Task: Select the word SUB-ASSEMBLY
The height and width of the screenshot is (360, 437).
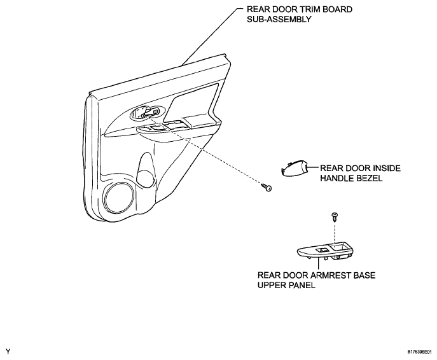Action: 279,19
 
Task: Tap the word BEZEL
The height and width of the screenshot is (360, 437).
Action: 369,178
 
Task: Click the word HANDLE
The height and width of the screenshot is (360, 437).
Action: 336,178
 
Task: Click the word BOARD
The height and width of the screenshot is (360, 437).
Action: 337,10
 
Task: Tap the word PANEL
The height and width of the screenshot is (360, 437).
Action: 302,286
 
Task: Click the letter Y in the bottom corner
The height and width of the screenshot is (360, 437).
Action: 8,351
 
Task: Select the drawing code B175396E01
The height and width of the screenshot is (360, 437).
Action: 420,352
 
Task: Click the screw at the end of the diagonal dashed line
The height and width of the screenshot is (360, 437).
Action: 267,187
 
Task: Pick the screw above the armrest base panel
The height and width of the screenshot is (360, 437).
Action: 335,216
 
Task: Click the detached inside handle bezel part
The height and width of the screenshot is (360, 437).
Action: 294,169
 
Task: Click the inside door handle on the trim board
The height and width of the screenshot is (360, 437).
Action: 146,113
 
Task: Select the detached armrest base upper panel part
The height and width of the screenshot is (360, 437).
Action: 324,251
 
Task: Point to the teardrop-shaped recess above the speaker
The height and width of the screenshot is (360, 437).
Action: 146,170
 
